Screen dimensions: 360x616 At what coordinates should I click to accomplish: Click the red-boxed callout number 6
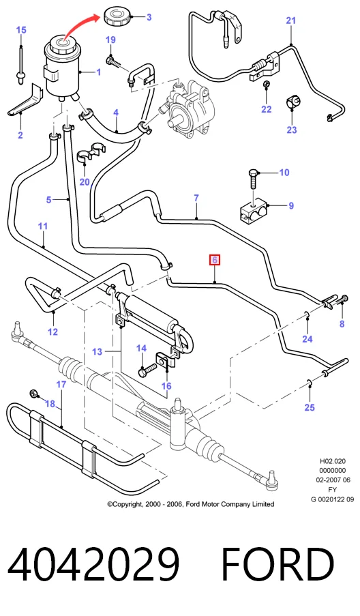coord(215,260)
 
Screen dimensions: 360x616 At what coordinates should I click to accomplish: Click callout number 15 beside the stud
coord(21,30)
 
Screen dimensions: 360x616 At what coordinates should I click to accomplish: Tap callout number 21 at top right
coord(290,20)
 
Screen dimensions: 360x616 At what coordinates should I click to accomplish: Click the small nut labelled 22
coord(266,85)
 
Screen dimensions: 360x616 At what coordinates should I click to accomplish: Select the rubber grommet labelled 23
coord(292,102)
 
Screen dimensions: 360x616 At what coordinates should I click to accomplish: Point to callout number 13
coord(97,351)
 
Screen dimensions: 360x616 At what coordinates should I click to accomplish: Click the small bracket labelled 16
coord(165,361)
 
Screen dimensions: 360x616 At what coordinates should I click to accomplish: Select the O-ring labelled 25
coord(310,383)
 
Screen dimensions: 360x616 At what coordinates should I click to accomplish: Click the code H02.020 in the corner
coord(333,461)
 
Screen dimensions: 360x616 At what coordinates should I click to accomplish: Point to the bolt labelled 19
coord(113,61)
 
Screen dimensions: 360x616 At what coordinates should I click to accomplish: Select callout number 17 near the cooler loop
coord(61,384)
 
